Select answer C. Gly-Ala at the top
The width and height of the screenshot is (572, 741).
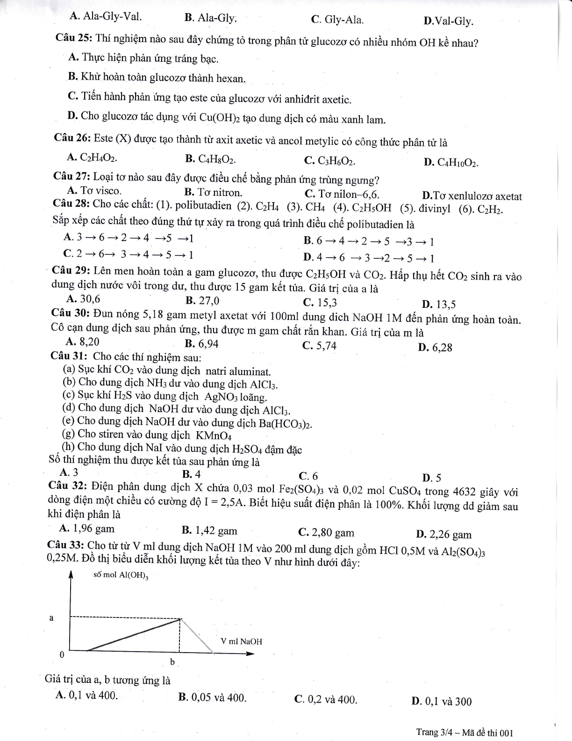[337, 20]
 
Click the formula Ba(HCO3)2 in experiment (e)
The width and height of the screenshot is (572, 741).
[285, 424]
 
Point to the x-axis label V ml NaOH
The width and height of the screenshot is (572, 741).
[241, 641]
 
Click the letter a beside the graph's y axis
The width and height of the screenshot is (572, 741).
[51, 618]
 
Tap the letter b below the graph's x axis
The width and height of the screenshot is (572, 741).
[172, 662]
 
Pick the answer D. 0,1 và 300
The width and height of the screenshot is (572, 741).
[442, 701]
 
